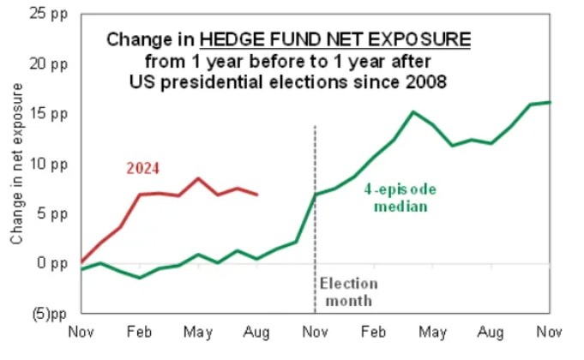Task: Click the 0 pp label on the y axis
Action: [x=52, y=263]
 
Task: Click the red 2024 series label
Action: [x=143, y=168]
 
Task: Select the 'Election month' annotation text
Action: [x=347, y=291]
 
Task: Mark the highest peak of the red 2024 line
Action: [x=198, y=178]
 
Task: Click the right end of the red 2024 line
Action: [x=257, y=195]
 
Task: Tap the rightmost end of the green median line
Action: [x=550, y=102]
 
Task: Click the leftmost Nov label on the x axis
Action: [x=81, y=330]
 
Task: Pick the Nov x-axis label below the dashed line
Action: [x=316, y=330]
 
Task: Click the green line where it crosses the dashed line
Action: [x=316, y=195]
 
